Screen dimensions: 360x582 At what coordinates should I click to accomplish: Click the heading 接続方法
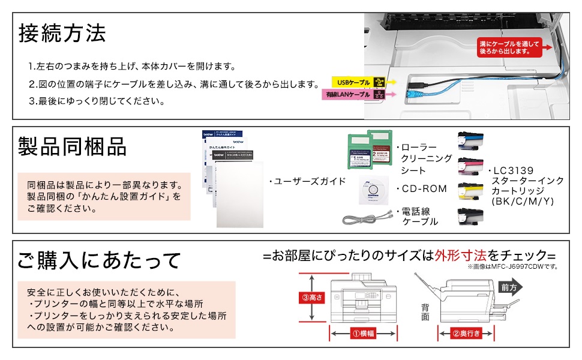click(x=62, y=33)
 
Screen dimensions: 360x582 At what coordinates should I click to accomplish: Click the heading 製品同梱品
click(x=72, y=146)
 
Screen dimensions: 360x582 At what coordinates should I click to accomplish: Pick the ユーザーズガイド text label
click(x=307, y=181)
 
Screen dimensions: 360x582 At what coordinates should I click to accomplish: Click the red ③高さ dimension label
click(x=311, y=297)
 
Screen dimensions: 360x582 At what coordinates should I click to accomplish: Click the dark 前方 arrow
click(x=511, y=287)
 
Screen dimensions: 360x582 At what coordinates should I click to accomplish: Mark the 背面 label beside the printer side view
click(x=425, y=311)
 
